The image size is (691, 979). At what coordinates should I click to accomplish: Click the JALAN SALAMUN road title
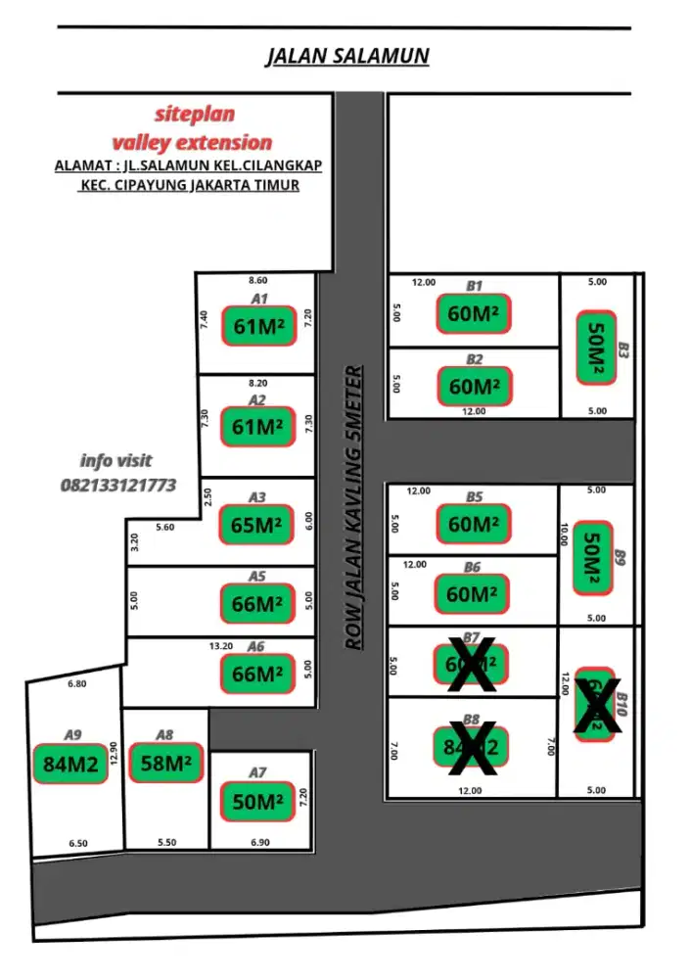point(347,57)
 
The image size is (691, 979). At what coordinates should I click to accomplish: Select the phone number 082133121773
point(118,485)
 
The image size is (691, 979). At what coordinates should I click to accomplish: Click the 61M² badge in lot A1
point(258,327)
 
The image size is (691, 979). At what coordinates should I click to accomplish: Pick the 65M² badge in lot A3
point(256,524)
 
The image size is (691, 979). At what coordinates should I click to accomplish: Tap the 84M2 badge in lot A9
point(71,765)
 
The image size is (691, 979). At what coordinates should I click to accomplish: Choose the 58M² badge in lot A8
point(166,764)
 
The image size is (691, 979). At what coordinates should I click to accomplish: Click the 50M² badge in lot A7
point(257,802)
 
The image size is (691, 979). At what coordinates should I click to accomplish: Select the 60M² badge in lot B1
point(474,313)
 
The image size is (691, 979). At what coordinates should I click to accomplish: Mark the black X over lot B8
point(471,747)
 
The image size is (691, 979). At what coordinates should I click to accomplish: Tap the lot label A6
point(256,647)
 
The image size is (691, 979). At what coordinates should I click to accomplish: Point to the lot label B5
point(474,497)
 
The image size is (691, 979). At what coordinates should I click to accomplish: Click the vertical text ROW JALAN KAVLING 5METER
point(354,508)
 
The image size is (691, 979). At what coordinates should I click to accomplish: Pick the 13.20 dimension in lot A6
point(221,646)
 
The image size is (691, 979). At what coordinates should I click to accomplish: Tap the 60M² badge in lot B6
point(474,594)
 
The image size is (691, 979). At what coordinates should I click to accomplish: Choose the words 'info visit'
point(116,460)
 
